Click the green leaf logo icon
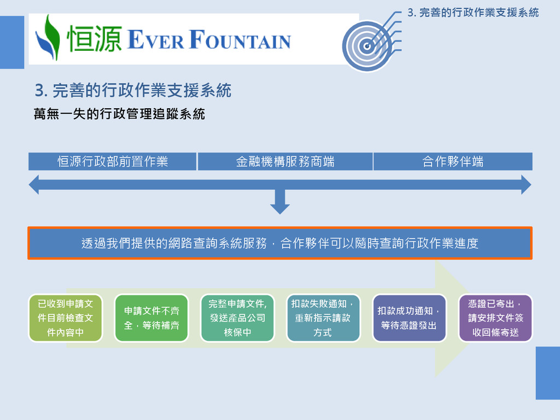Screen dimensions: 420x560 (x=48, y=38)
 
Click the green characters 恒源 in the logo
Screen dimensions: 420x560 (x=93, y=40)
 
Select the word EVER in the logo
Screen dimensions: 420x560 (x=155, y=41)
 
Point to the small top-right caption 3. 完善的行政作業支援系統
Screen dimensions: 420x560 (x=473, y=12)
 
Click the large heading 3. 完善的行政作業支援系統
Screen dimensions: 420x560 (x=133, y=90)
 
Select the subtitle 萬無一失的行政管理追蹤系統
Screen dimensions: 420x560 (x=119, y=114)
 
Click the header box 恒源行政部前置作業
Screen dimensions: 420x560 (x=113, y=161)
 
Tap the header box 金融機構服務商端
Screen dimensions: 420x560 (x=285, y=161)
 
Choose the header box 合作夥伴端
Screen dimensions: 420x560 (x=453, y=161)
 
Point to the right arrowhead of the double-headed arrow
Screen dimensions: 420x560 (x=525, y=185)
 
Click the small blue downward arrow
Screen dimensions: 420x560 (x=280, y=204)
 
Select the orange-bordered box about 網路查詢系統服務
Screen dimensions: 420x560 (x=280, y=243)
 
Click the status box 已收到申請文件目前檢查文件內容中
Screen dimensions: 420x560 (x=65, y=318)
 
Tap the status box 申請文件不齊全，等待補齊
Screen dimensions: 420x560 (x=151, y=318)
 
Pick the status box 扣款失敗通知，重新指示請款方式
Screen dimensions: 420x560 (x=323, y=318)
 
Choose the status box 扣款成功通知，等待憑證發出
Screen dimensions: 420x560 (x=409, y=318)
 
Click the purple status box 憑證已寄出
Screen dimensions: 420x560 (x=495, y=318)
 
